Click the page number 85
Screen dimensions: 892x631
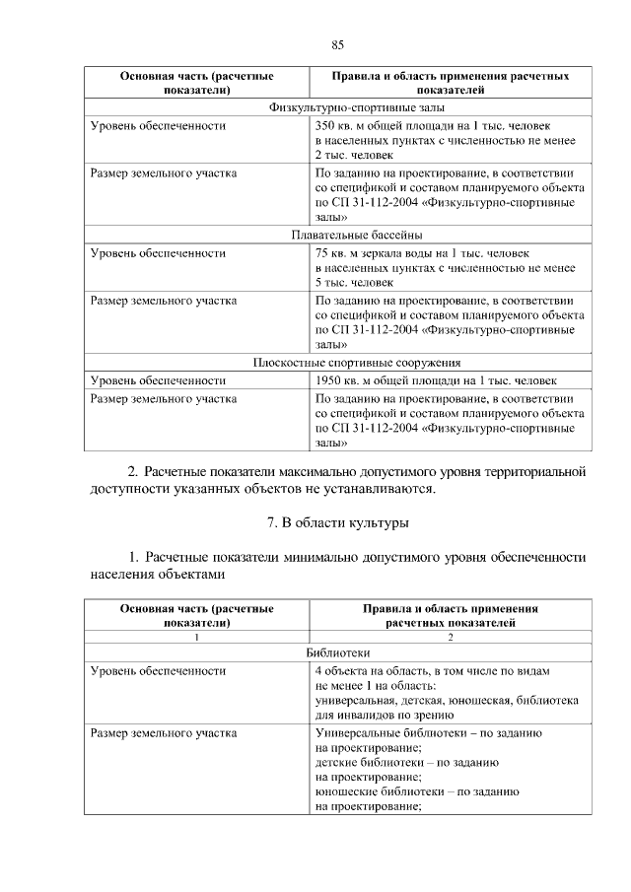coord(337,44)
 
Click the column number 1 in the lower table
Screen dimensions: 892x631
coord(196,637)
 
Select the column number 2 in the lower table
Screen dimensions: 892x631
coord(450,637)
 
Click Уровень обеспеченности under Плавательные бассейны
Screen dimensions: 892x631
coord(158,253)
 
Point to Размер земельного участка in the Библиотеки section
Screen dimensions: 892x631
coord(163,733)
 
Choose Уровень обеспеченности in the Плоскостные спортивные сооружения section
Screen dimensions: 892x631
coord(158,380)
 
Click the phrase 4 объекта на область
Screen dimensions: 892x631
coord(363,670)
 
